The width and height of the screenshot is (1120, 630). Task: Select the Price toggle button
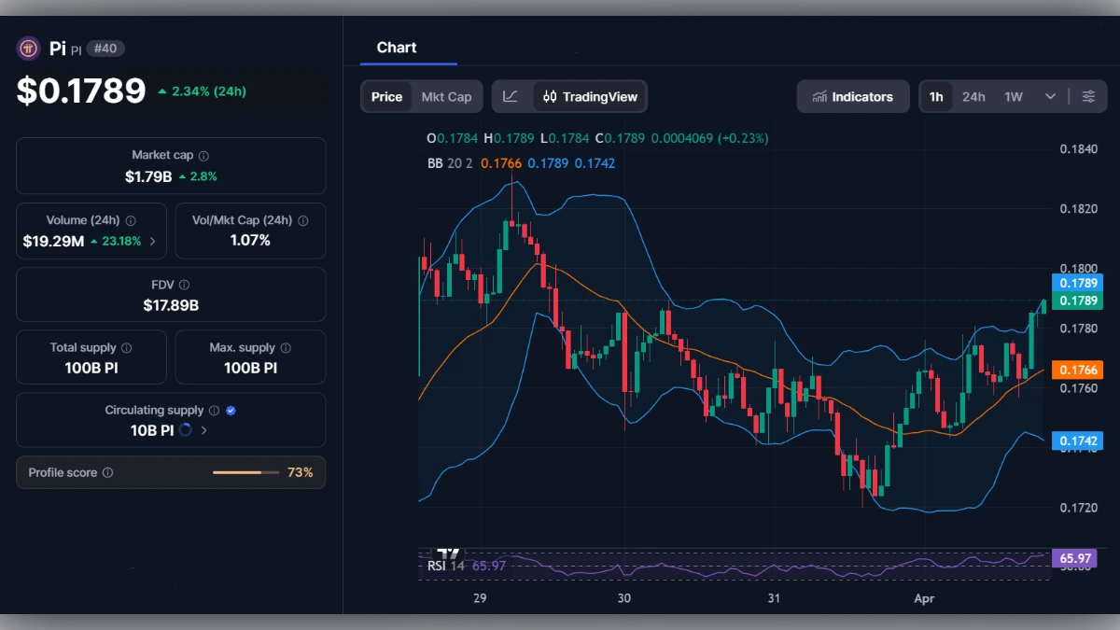pos(386,96)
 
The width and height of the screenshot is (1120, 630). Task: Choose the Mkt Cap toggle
pos(446,96)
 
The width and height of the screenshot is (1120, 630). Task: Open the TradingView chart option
pos(591,96)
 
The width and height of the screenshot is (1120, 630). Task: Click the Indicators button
pos(853,96)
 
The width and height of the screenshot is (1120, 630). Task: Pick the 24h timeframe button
pos(973,96)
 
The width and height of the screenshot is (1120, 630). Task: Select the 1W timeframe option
pos(1014,96)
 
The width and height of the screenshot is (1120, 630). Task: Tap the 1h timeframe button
pos(936,96)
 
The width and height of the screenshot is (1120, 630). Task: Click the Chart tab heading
pos(397,48)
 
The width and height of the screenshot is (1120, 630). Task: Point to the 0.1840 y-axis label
pos(1079,149)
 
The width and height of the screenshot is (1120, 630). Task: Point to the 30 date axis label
pos(624,597)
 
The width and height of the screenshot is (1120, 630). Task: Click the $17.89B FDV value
pos(171,304)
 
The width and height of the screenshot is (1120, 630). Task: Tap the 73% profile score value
pos(300,472)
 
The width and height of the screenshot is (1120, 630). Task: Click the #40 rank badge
pos(105,49)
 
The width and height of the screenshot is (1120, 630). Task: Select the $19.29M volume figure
pos(53,241)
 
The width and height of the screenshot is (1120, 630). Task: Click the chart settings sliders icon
pos(1088,96)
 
